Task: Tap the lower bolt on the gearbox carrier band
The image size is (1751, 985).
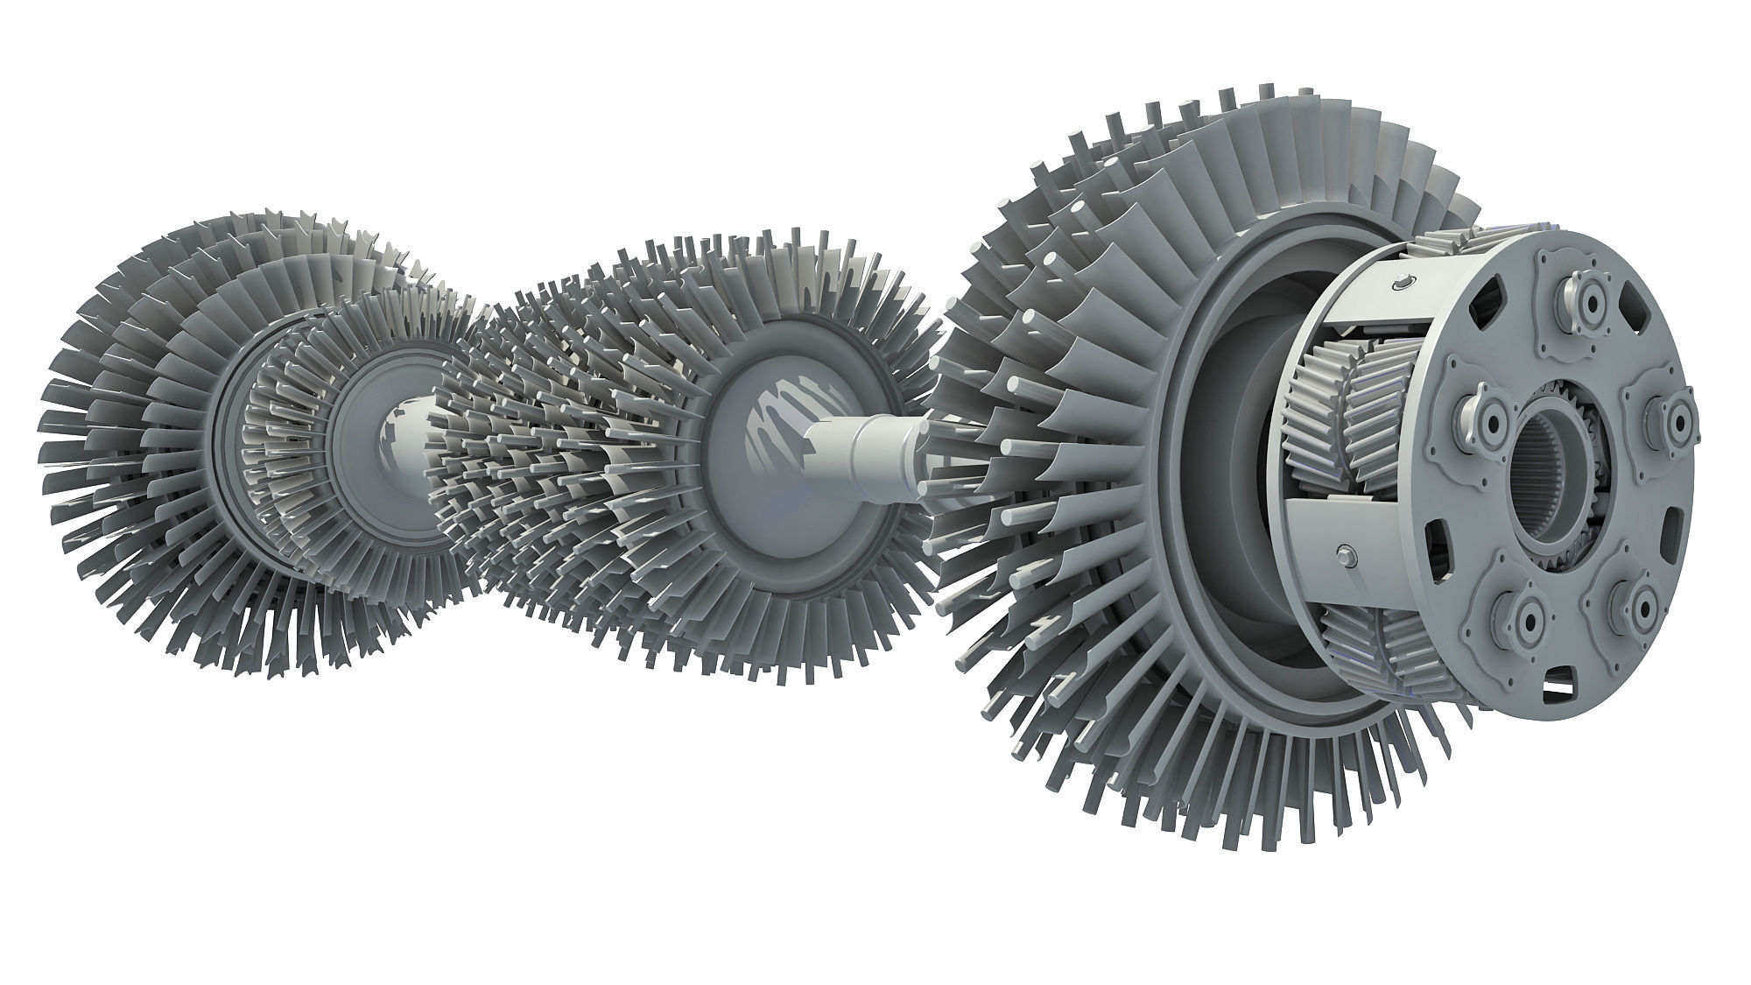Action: (x=1346, y=553)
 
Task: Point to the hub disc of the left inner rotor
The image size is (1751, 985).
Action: (x=385, y=429)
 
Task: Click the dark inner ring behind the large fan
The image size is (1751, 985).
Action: (x=1226, y=490)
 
